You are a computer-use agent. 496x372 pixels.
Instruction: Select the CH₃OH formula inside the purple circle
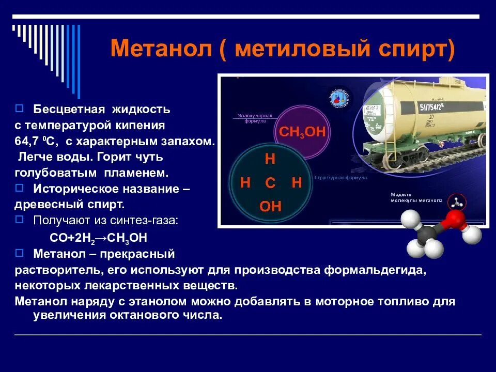coord(302,132)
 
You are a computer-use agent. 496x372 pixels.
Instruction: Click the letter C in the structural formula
coord(270,183)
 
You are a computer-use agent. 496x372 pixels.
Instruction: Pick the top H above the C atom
coord(270,159)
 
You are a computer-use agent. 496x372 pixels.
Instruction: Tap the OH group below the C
coord(270,207)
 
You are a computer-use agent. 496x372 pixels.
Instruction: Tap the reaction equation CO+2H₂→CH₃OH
coord(98,238)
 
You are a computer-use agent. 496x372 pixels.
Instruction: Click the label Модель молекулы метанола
coord(416,197)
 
